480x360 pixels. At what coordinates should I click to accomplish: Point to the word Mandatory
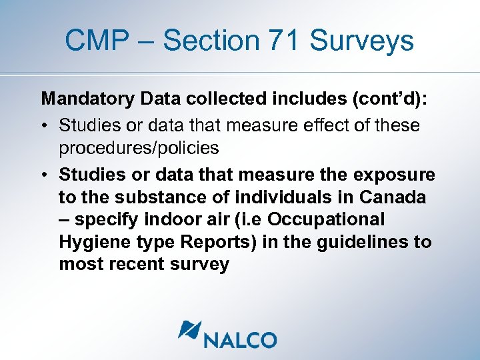pos(89,100)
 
